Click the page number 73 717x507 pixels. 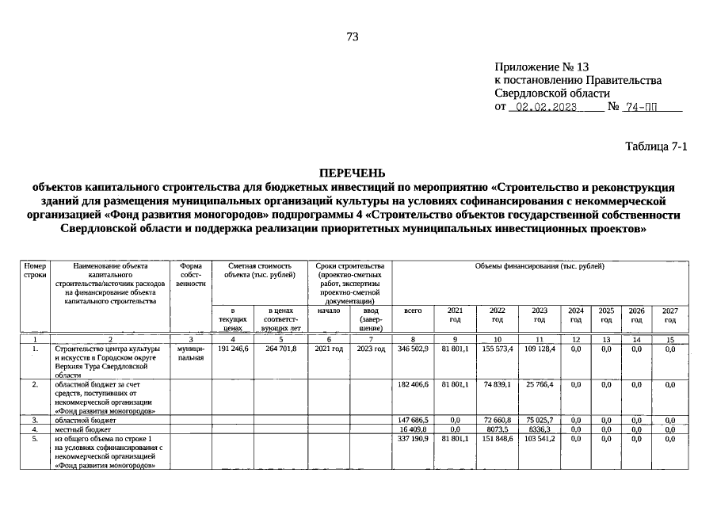(x=353, y=36)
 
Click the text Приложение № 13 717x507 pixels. (x=542, y=67)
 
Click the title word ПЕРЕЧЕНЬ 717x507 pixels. (x=352, y=173)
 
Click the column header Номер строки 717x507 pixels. (x=36, y=271)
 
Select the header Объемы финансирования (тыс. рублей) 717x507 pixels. (x=540, y=267)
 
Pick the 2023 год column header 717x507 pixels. (x=539, y=315)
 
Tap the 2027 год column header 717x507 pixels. (x=669, y=315)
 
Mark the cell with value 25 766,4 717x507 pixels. (x=539, y=385)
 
